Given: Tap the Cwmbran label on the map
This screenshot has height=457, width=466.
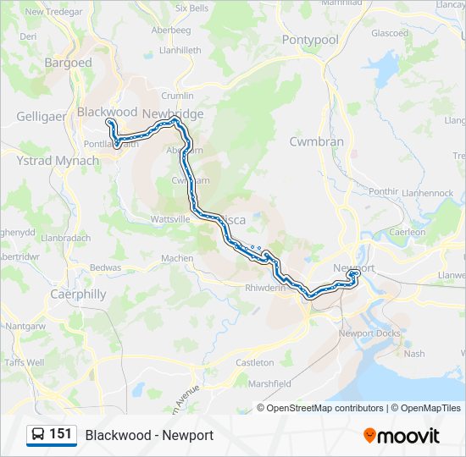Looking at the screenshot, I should click(x=317, y=141).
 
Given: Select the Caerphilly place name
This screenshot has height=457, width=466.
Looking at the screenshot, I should click(x=79, y=295).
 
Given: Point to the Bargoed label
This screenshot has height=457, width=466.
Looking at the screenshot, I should click(x=68, y=63).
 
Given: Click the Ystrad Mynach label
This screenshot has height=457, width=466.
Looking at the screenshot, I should click(x=58, y=160).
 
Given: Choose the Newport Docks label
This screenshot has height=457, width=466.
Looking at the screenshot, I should click(x=369, y=333).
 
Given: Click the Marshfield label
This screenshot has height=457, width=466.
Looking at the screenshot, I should click(x=271, y=383).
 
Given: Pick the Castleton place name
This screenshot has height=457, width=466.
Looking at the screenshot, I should click(x=255, y=362).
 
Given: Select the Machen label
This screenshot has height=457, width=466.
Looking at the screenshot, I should click(x=177, y=258).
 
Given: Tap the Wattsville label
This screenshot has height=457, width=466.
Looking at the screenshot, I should click(x=170, y=218).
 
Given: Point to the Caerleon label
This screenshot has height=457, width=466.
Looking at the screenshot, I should click(x=408, y=231).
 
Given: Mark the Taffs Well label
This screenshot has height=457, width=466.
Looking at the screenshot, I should click(x=24, y=362).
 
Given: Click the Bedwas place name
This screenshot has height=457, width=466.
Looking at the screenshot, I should click(x=106, y=267).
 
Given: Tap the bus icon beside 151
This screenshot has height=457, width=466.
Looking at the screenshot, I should click(x=37, y=435).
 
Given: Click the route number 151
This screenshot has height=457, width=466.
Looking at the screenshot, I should click(x=61, y=434).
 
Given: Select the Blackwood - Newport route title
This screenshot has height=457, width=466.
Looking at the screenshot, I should click(x=149, y=435).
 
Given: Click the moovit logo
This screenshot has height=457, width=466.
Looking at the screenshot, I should click(x=402, y=435).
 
